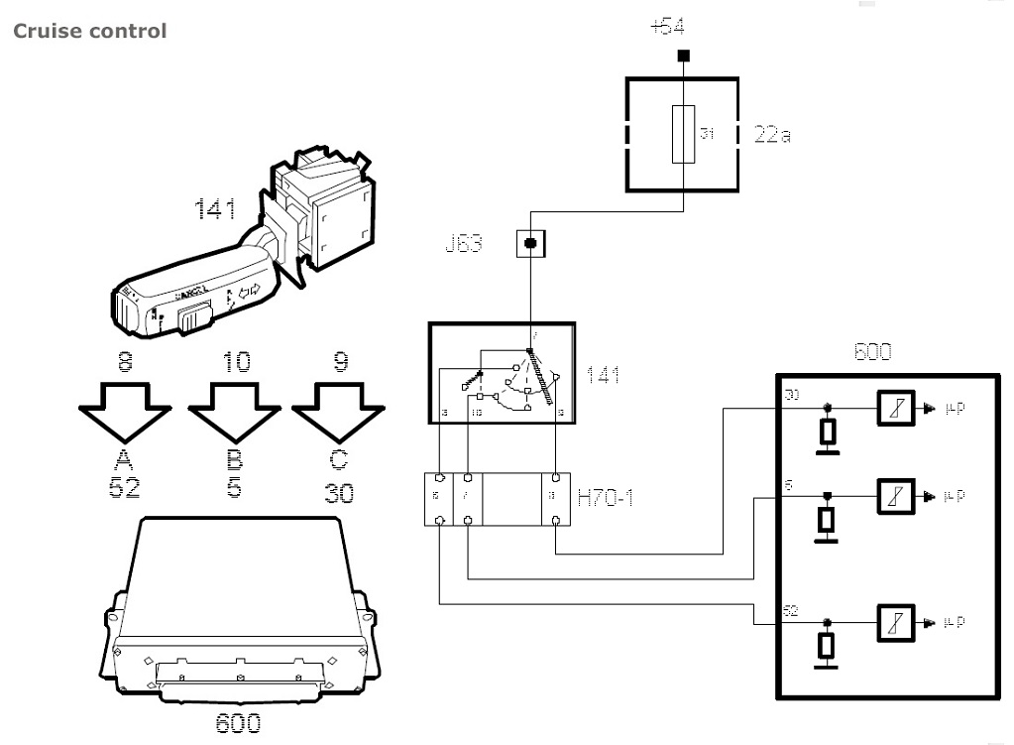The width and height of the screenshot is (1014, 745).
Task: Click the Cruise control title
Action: click(x=89, y=31)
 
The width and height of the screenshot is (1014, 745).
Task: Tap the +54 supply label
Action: click(x=682, y=27)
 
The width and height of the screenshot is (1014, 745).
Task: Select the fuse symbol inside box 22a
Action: click(x=683, y=133)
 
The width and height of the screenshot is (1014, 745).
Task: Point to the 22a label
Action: click(x=772, y=134)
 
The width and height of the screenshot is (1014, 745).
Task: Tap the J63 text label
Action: click(x=465, y=244)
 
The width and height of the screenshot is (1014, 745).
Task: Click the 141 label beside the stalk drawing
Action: click(x=214, y=209)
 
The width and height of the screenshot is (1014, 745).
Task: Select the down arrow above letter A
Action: click(x=125, y=412)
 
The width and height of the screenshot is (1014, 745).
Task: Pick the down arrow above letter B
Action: click(x=234, y=412)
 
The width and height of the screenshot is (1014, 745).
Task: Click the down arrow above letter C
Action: click(x=339, y=412)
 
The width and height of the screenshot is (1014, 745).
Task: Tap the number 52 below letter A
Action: click(x=124, y=489)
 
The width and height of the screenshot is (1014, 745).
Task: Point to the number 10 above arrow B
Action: click(x=236, y=363)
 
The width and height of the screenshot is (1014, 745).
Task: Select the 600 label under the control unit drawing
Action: click(x=239, y=723)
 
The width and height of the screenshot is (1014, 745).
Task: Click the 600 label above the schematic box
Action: click(x=871, y=351)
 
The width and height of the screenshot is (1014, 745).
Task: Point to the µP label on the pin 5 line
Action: click(x=952, y=495)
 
